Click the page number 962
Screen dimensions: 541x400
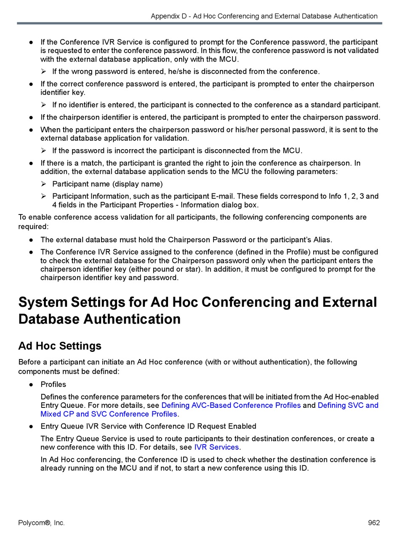[x=374, y=523]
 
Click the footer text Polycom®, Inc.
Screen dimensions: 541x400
[x=41, y=523]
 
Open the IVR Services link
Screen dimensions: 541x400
[x=216, y=447]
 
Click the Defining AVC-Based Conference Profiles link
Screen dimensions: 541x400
[x=231, y=405]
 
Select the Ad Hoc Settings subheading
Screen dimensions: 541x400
[x=60, y=346]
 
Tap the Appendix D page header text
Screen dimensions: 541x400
[x=264, y=16]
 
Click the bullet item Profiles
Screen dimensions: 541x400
[x=53, y=384]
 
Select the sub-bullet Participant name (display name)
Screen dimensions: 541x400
[x=107, y=184]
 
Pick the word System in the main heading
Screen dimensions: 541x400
[x=43, y=303]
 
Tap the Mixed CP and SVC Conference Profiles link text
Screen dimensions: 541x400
[x=109, y=414]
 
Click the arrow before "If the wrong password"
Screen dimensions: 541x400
[x=44, y=71]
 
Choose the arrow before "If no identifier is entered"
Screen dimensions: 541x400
[x=44, y=105]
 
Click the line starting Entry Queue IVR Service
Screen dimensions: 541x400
[x=148, y=426]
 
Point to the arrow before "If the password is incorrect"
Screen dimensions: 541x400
[x=44, y=150]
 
